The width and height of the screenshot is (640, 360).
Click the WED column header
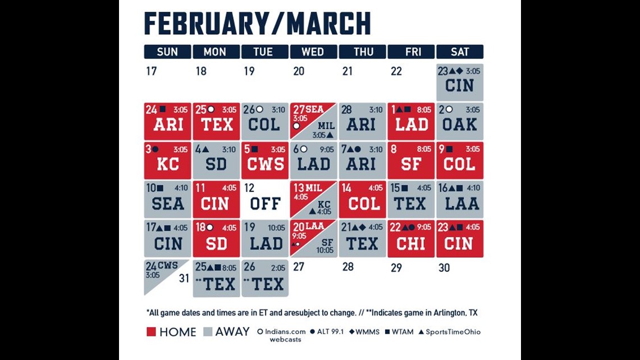click(313, 52)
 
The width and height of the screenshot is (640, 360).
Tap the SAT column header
click(460, 52)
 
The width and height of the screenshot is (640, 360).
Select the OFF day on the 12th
click(265, 200)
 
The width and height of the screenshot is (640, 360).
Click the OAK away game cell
click(460, 122)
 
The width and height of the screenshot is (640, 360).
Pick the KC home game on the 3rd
click(167, 161)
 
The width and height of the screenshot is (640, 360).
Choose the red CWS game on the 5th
click(265, 161)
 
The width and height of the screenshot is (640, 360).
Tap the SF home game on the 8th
click(411, 161)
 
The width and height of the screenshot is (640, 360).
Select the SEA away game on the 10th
click(167, 200)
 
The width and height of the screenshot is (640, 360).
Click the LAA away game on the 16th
click(460, 200)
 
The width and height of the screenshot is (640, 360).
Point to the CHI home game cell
click(411, 239)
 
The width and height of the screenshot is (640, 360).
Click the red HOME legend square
click(151, 332)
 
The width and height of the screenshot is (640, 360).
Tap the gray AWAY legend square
click(208, 332)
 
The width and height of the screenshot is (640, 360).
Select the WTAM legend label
click(403, 332)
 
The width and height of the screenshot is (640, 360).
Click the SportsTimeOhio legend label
click(453, 332)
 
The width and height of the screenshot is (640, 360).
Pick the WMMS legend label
click(367, 332)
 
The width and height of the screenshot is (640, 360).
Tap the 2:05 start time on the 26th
click(278, 268)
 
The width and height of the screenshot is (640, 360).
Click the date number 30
click(444, 268)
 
